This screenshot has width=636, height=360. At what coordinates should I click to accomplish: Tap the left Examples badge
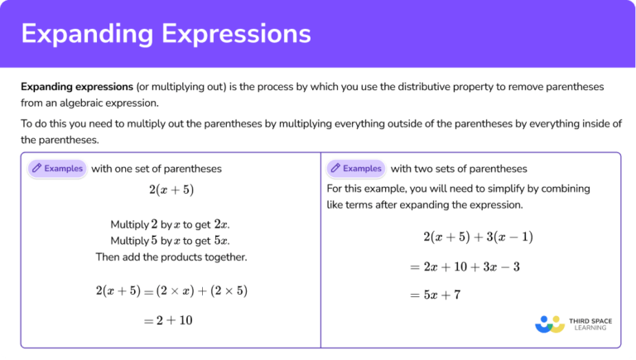click(57, 168)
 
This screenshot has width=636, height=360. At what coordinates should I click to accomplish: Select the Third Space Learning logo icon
click(549, 323)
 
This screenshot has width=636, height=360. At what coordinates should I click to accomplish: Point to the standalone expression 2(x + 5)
click(171, 190)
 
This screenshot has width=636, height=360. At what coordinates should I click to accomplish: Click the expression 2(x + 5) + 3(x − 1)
click(478, 237)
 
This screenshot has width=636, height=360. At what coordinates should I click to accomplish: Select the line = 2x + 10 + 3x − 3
click(465, 266)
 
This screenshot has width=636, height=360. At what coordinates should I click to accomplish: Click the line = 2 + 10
click(171, 319)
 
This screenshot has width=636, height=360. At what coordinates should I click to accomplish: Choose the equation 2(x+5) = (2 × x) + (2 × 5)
click(171, 290)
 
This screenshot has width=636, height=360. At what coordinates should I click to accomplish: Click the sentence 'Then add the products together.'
click(171, 257)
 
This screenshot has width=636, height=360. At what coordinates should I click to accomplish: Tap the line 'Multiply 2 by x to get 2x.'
click(171, 224)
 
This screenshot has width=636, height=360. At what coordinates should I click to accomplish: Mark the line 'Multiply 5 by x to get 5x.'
click(171, 241)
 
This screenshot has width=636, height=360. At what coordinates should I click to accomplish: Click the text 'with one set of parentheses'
click(157, 168)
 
